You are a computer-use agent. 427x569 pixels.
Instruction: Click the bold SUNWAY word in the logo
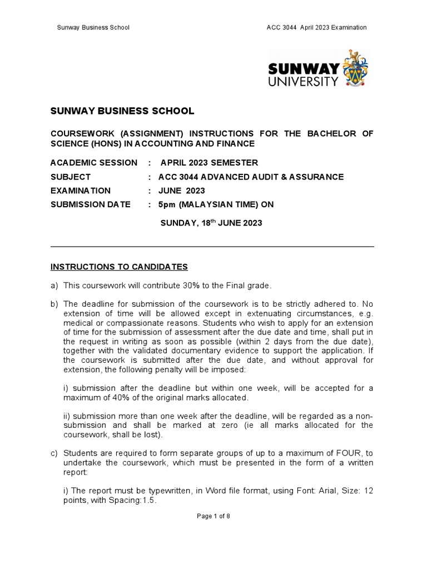pyautogui.click(x=304, y=69)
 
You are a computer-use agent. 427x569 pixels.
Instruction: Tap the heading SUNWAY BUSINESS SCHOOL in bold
pyautogui.click(x=122, y=111)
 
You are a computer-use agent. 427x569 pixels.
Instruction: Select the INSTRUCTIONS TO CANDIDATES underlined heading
pyautogui.click(x=119, y=267)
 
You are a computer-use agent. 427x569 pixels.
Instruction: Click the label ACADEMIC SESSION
pyautogui.click(x=93, y=163)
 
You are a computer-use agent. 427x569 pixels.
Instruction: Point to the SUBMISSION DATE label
pyautogui.click(x=91, y=204)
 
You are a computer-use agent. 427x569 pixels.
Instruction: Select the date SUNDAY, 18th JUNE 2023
pyautogui.click(x=211, y=223)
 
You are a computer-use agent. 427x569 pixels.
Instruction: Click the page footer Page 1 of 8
pyautogui.click(x=213, y=516)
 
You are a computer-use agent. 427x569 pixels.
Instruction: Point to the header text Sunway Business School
pyautogui.click(x=94, y=28)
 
